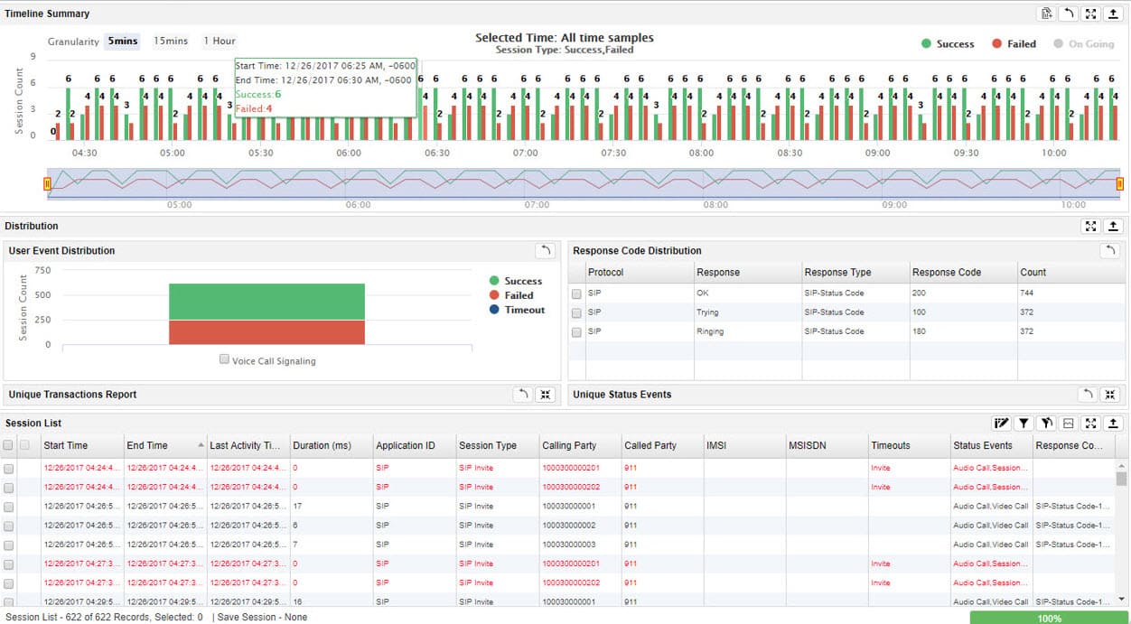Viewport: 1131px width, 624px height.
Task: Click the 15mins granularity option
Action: pyautogui.click(x=171, y=41)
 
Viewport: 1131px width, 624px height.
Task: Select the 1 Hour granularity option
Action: pyautogui.click(x=219, y=41)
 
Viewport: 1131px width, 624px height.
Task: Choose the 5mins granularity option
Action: pyautogui.click(x=122, y=41)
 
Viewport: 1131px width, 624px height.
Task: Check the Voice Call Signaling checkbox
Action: pyautogui.click(x=225, y=359)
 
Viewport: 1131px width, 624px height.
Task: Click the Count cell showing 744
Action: pyautogui.click(x=1026, y=293)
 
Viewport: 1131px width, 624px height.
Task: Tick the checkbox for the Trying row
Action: pyautogui.click(x=576, y=312)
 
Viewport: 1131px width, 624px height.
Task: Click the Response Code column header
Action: pyautogui.click(x=946, y=272)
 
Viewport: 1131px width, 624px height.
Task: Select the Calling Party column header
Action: pyautogui.click(x=569, y=445)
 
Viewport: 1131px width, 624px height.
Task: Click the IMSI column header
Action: pyautogui.click(x=717, y=445)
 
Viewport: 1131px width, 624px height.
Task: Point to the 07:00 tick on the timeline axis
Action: pyautogui.click(x=525, y=154)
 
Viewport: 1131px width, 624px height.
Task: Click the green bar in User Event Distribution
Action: pyautogui.click(x=266, y=301)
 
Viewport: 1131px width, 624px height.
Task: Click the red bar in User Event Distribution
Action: pyautogui.click(x=266, y=331)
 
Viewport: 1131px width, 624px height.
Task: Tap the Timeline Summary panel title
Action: pyautogui.click(x=47, y=14)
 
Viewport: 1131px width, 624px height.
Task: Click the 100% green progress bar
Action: pyautogui.click(x=1049, y=618)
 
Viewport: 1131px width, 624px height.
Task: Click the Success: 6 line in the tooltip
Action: pyautogui.click(x=258, y=94)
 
